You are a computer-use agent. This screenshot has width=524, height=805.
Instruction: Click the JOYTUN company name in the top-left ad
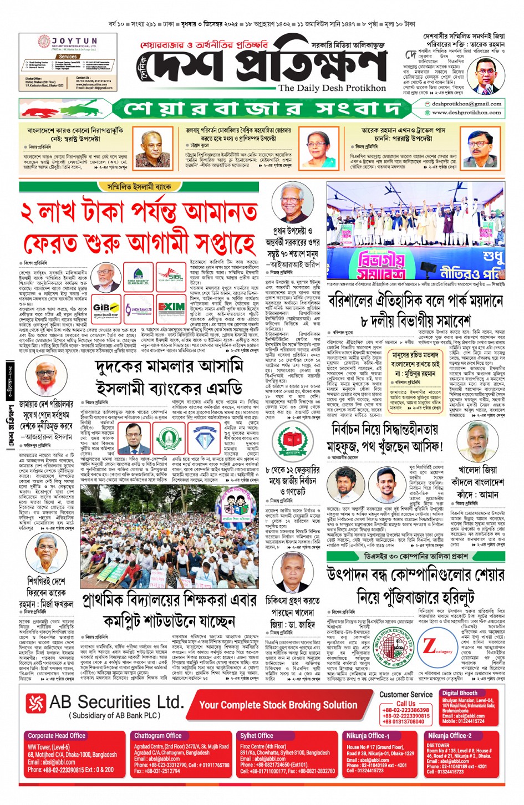[74, 41]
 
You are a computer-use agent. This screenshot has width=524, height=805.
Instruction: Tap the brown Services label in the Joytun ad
[68, 57]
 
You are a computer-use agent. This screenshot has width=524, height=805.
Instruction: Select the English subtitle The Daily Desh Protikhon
[332, 88]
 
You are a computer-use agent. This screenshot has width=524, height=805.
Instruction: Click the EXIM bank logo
[171, 308]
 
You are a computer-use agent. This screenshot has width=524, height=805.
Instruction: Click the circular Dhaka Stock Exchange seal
[394, 646]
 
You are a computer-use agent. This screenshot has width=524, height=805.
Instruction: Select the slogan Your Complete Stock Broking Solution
[278, 705]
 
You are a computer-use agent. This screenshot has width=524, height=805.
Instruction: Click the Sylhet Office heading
[256, 736]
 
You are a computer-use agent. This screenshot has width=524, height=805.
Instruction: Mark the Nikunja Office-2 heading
[449, 736]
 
